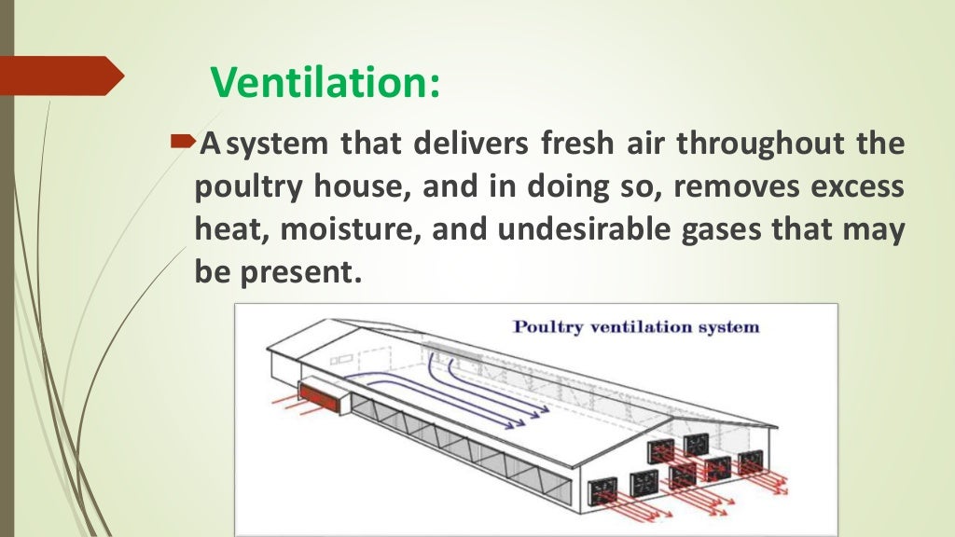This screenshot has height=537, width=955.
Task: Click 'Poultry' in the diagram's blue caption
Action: click(x=552, y=327)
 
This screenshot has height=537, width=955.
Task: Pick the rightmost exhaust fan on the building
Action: click(x=750, y=461)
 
